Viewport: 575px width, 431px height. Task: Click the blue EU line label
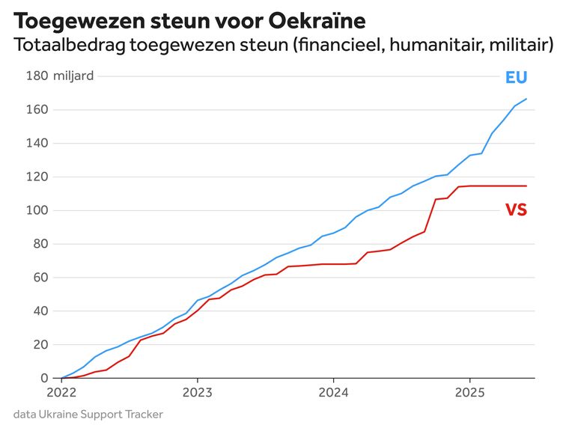tap(516, 78)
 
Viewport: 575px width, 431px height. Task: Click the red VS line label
tap(516, 210)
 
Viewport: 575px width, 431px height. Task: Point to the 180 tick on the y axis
tap(39, 76)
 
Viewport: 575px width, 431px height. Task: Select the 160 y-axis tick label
tap(39, 110)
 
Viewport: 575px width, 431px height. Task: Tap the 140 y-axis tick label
tap(39, 144)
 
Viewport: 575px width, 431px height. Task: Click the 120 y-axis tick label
tap(39, 177)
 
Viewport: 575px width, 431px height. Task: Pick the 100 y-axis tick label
tap(39, 210)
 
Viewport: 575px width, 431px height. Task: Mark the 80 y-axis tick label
tap(41, 244)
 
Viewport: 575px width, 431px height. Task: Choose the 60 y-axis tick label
tap(41, 278)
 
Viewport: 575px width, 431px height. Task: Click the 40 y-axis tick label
tap(41, 311)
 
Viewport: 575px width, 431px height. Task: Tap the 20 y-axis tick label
tap(41, 345)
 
